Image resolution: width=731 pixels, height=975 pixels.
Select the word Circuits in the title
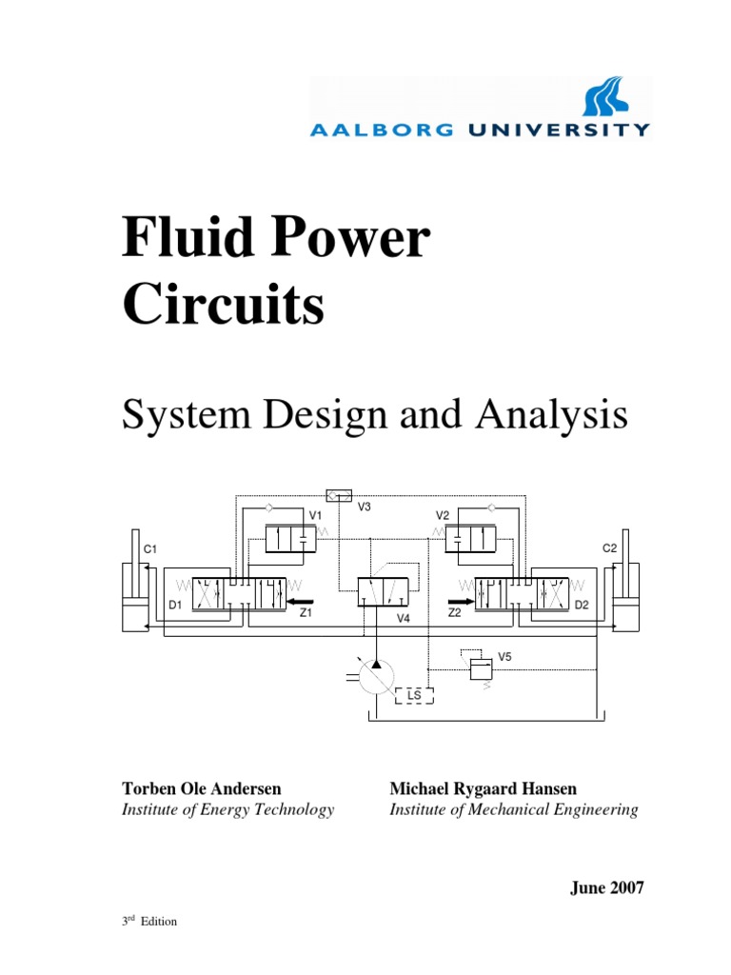224,307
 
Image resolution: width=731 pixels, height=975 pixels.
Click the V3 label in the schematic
364,507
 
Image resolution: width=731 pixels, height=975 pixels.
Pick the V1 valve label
315,515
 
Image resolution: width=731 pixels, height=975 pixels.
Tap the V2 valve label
443,515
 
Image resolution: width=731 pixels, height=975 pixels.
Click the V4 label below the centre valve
403,618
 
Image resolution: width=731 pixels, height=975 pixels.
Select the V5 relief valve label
504,657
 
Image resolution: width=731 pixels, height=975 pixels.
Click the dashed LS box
414,695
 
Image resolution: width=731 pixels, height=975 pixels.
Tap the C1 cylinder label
149,548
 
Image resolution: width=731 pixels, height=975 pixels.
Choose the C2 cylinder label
610,548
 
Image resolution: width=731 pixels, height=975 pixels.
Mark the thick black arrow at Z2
461,601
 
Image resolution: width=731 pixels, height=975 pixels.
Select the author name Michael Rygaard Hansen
483,789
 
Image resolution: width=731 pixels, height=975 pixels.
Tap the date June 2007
606,888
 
